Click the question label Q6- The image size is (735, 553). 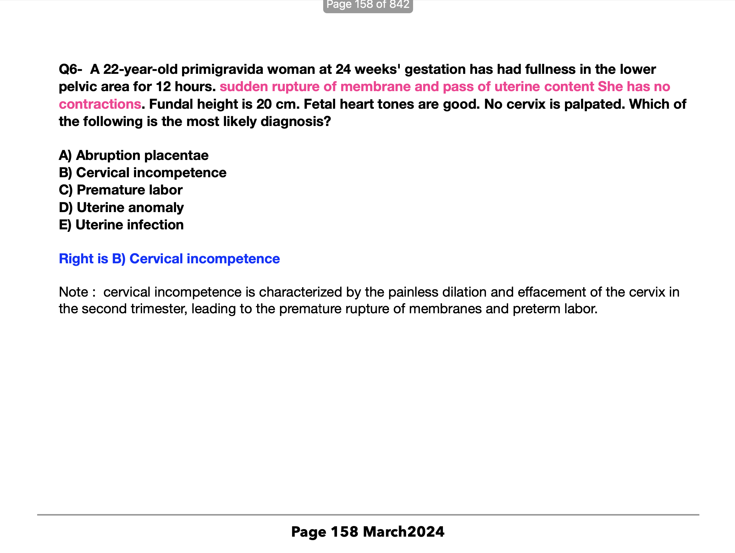pos(70,69)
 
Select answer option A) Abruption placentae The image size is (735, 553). pos(134,156)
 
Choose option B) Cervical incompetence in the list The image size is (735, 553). pos(142,173)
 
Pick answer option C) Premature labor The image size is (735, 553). pos(121,190)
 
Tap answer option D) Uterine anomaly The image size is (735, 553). pos(121,208)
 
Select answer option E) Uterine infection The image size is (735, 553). pos(121,225)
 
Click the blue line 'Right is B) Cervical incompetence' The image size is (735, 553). pos(169,259)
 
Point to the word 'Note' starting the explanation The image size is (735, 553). pos(74,292)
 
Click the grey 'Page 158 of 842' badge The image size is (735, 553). pos(368,5)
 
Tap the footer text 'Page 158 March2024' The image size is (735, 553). pos(367,532)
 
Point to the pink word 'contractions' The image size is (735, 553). pos(100,104)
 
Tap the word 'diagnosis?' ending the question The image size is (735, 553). pos(296,122)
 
